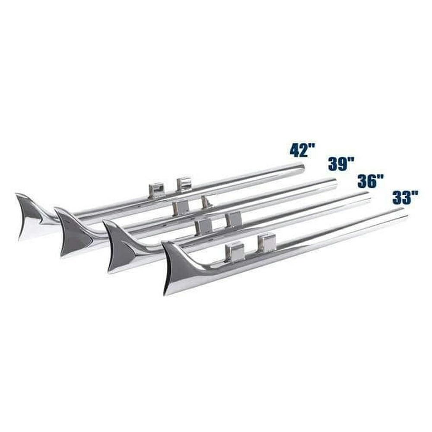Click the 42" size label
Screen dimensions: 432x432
[302, 151]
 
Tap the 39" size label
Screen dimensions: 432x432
[341, 165]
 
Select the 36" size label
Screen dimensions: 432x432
[371, 181]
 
